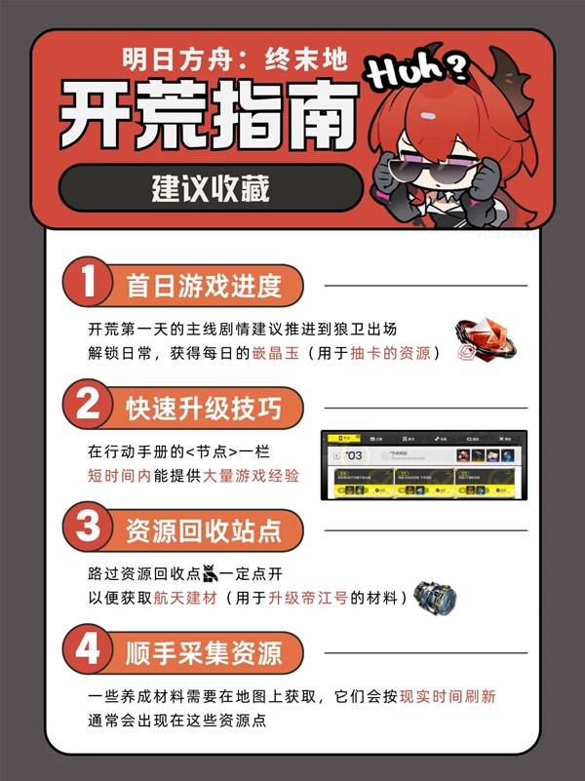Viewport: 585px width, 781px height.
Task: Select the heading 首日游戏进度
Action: (203, 286)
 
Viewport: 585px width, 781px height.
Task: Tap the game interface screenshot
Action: (424, 464)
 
